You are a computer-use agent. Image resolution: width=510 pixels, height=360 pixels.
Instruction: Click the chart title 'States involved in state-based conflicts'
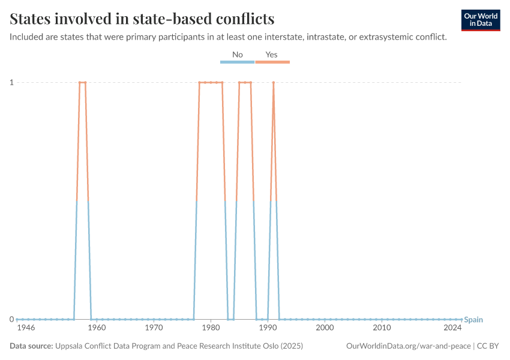click(142, 19)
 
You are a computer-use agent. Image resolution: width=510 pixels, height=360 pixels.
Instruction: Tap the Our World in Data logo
click(481, 20)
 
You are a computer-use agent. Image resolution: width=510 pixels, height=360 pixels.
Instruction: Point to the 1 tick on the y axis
click(11, 82)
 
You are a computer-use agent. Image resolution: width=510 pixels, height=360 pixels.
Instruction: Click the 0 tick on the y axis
click(11, 319)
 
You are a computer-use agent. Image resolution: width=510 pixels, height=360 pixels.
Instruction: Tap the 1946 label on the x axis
click(26, 329)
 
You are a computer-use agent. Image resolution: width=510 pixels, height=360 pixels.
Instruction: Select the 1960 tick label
click(97, 329)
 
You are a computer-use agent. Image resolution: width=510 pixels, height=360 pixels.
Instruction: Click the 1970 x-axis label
click(154, 329)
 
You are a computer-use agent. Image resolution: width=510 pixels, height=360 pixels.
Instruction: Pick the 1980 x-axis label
click(211, 329)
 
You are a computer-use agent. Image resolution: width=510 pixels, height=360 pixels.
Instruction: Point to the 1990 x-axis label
click(268, 329)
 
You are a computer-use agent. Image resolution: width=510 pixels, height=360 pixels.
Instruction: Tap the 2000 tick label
click(325, 329)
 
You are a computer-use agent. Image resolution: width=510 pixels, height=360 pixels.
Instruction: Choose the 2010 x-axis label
click(382, 329)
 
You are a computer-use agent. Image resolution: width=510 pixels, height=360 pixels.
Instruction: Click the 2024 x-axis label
click(452, 329)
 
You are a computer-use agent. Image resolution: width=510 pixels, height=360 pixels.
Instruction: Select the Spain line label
click(473, 320)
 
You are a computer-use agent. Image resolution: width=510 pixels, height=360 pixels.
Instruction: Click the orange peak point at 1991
click(274, 82)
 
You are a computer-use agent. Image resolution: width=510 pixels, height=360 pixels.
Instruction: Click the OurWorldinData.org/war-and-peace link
click(409, 346)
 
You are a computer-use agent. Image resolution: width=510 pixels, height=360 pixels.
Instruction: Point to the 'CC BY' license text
click(488, 346)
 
